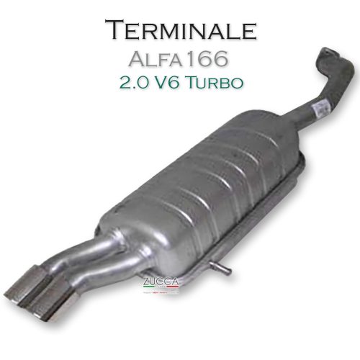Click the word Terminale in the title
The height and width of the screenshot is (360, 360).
click(180, 30)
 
